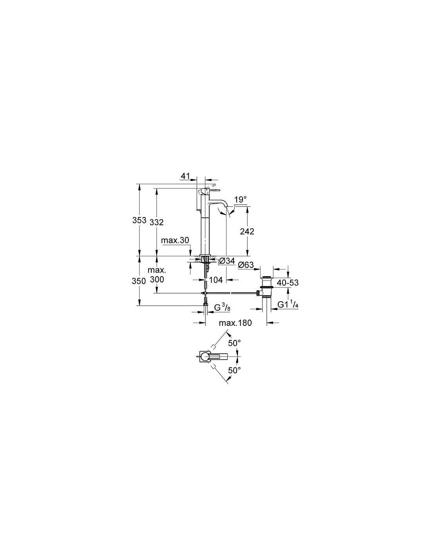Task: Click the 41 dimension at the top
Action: click(185, 176)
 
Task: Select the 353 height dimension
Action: click(139, 220)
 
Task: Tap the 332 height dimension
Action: click(156, 222)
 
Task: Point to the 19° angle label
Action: click(240, 199)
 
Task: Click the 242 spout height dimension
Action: click(247, 231)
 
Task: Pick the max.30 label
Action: click(175, 240)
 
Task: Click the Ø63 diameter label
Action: click(246, 265)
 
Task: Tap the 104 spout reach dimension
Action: click(216, 280)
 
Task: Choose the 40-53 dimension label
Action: click(288, 282)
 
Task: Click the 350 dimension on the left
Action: click(139, 281)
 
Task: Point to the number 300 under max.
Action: click(157, 279)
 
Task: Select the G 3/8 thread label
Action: click(222, 307)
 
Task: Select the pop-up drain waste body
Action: click(267, 288)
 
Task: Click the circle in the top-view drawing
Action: click(205, 356)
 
